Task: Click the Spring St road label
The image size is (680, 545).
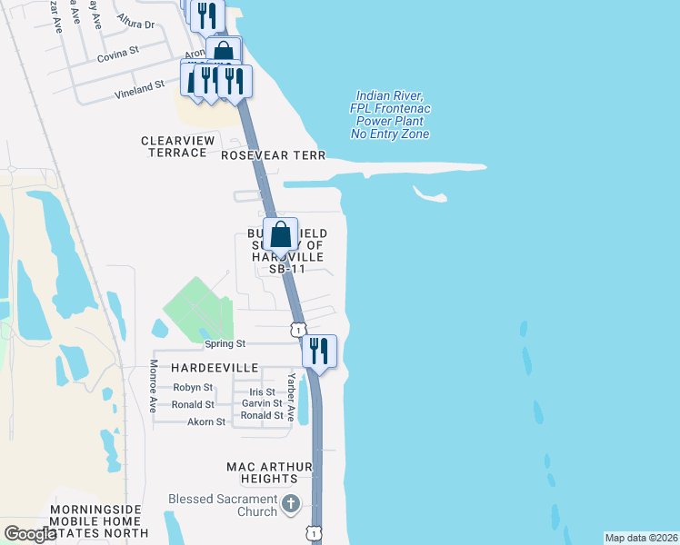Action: pos(225,344)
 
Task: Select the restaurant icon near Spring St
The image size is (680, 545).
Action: pos(318,351)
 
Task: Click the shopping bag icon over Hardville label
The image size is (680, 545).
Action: pos(281,234)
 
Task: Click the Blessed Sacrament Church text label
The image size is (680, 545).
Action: pos(223,505)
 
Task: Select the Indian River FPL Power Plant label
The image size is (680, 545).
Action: pos(390,114)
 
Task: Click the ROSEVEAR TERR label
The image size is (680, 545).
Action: pos(274,155)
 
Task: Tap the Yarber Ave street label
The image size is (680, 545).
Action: pos(291,398)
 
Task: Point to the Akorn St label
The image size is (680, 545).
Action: pos(206,421)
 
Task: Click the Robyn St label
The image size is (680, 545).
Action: pos(192,387)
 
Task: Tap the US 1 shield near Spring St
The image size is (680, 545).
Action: pos(297,329)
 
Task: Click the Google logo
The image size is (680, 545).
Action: pos(30,534)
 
